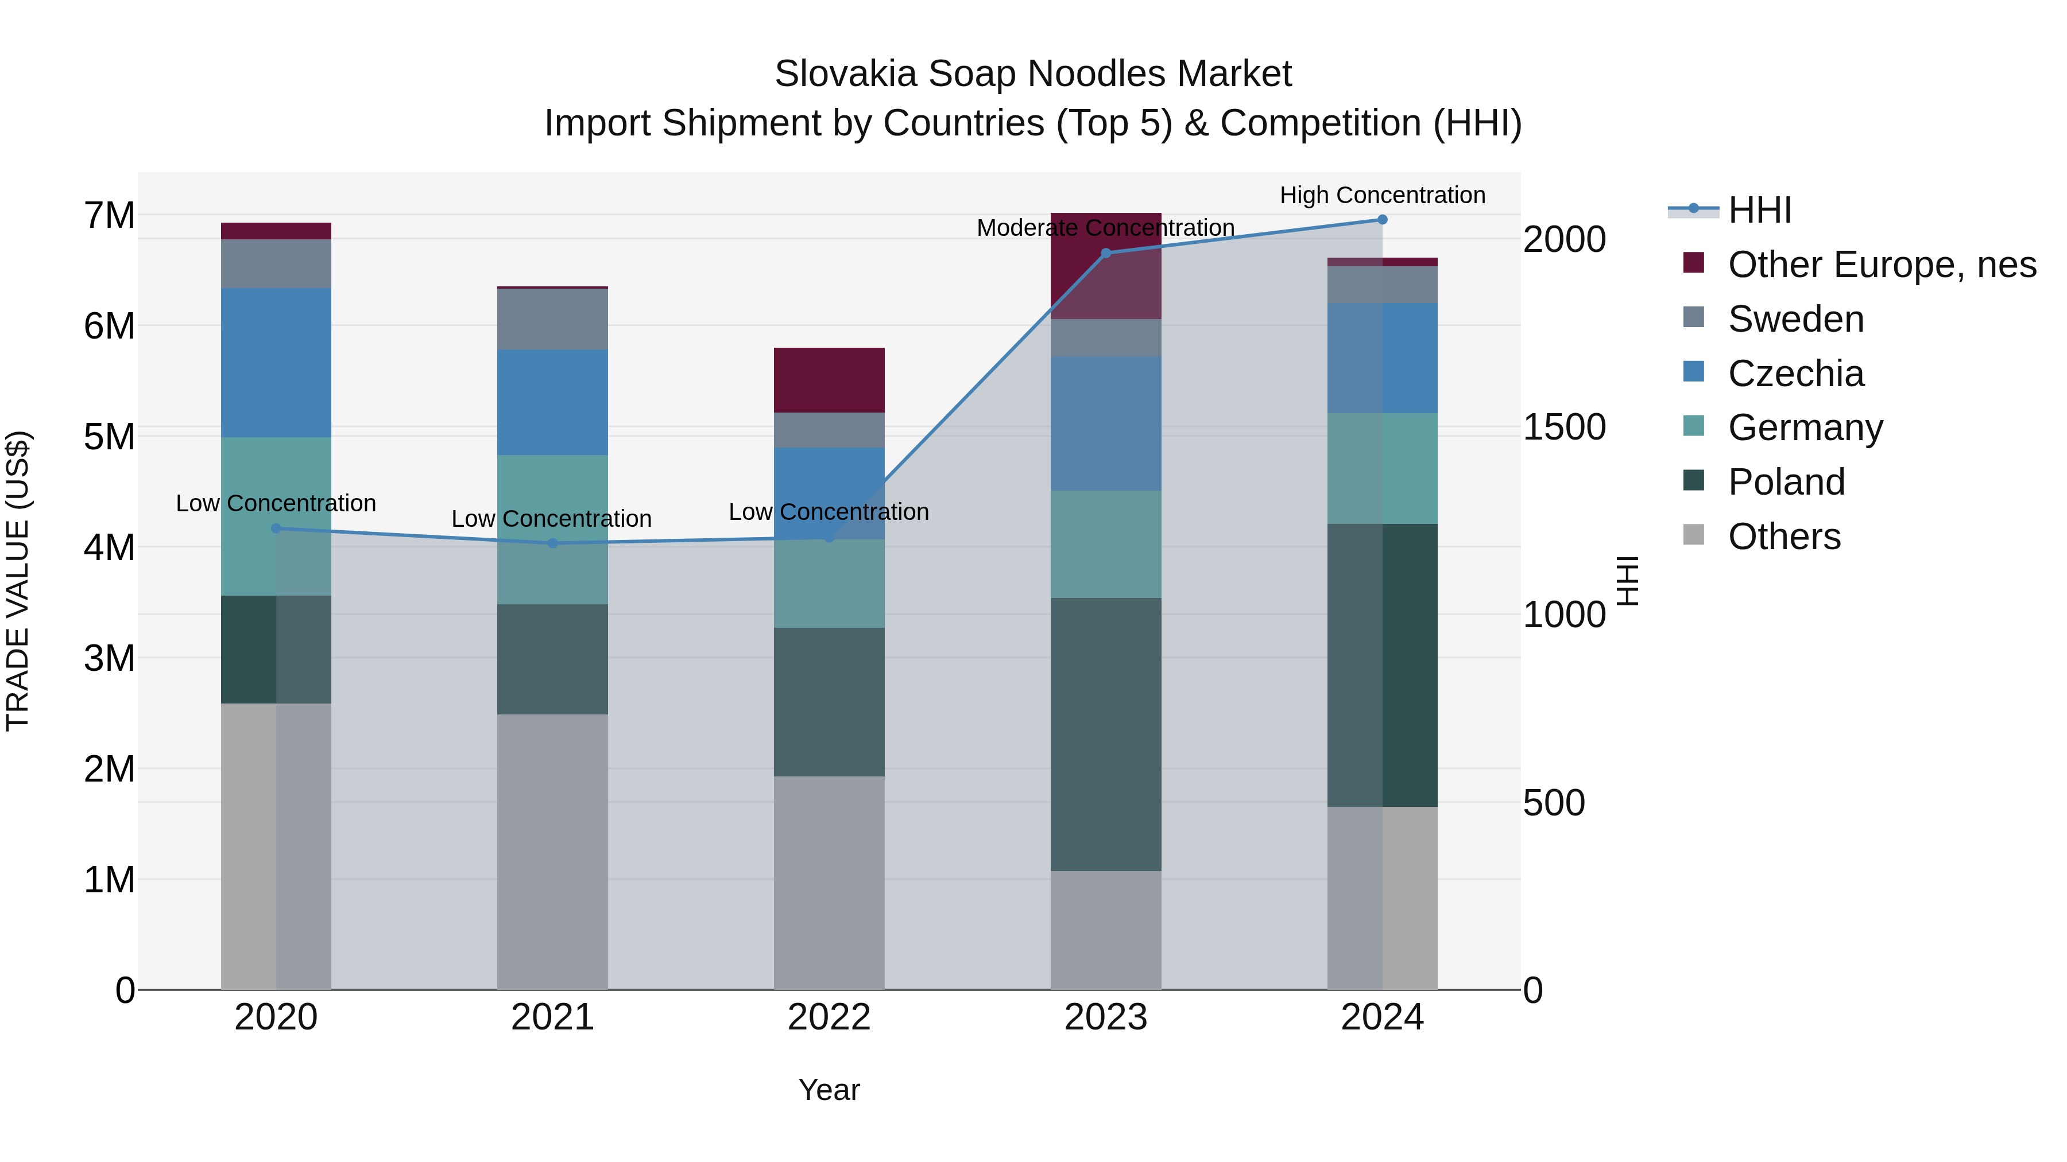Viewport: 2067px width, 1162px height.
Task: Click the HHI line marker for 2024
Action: pyautogui.click(x=1382, y=220)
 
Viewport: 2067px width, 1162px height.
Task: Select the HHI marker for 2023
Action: pyautogui.click(x=1106, y=254)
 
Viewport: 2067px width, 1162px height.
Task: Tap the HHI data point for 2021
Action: pyautogui.click(x=552, y=544)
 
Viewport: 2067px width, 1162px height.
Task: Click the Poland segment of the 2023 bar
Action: pyautogui.click(x=1106, y=734)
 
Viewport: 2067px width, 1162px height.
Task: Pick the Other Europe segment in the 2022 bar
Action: pyautogui.click(x=829, y=380)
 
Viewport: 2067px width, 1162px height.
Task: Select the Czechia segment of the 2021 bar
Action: pyautogui.click(x=552, y=403)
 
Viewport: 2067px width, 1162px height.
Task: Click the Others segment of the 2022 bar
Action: pyautogui.click(x=829, y=882)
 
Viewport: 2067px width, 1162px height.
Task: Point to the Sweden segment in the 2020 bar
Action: pyautogui.click(x=276, y=264)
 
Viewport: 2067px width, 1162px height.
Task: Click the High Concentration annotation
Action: pyautogui.click(x=1382, y=195)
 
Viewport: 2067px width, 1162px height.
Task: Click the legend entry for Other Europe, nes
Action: pyautogui.click(x=1882, y=265)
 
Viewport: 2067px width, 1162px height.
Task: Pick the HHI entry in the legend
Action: pyautogui.click(x=1760, y=210)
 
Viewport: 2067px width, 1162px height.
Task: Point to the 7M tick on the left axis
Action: pyautogui.click(x=109, y=215)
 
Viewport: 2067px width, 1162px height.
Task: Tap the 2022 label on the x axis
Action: pyautogui.click(x=829, y=1017)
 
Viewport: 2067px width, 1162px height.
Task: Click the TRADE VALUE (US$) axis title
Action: pyautogui.click(x=18, y=581)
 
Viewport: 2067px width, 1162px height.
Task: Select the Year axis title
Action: pyautogui.click(x=829, y=1090)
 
